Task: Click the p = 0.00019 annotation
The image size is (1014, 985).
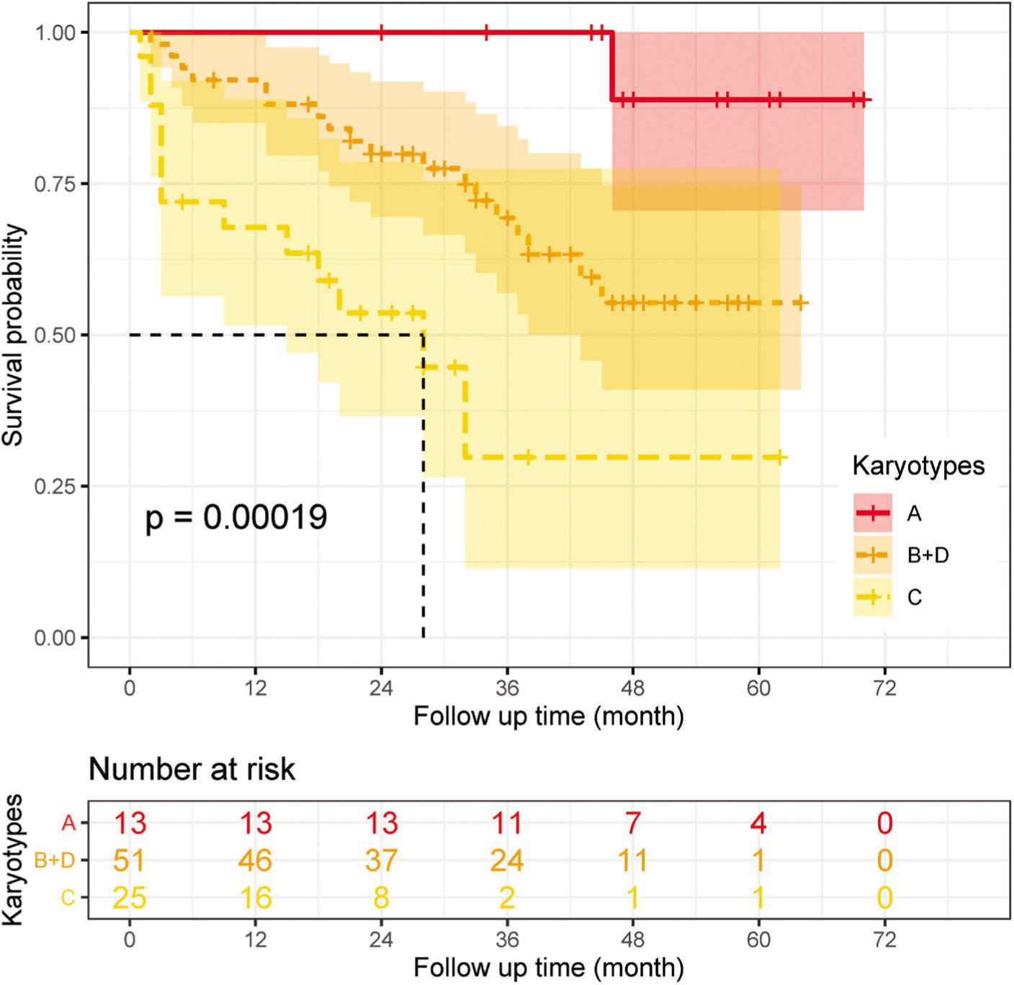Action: [236, 517]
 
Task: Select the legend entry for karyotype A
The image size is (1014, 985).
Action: [913, 513]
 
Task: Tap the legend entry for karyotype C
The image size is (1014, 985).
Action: [914, 598]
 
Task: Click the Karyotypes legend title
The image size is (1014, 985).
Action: [918, 466]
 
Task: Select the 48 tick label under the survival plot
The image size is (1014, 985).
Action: [632, 688]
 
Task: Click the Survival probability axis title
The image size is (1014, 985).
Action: [14, 336]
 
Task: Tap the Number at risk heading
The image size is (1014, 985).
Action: [192, 769]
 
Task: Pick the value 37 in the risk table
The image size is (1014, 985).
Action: [381, 860]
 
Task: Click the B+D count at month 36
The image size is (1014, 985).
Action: [506, 860]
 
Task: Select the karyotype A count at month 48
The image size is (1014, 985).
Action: [632, 822]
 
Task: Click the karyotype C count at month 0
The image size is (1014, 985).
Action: [130, 898]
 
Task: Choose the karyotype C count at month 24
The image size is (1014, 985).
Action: [381, 898]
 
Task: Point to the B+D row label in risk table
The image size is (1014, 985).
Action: [55, 860]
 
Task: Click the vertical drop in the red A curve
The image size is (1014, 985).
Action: [611, 66]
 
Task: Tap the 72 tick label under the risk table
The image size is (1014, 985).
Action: [884, 940]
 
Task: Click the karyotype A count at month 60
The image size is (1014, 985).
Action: [758, 822]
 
